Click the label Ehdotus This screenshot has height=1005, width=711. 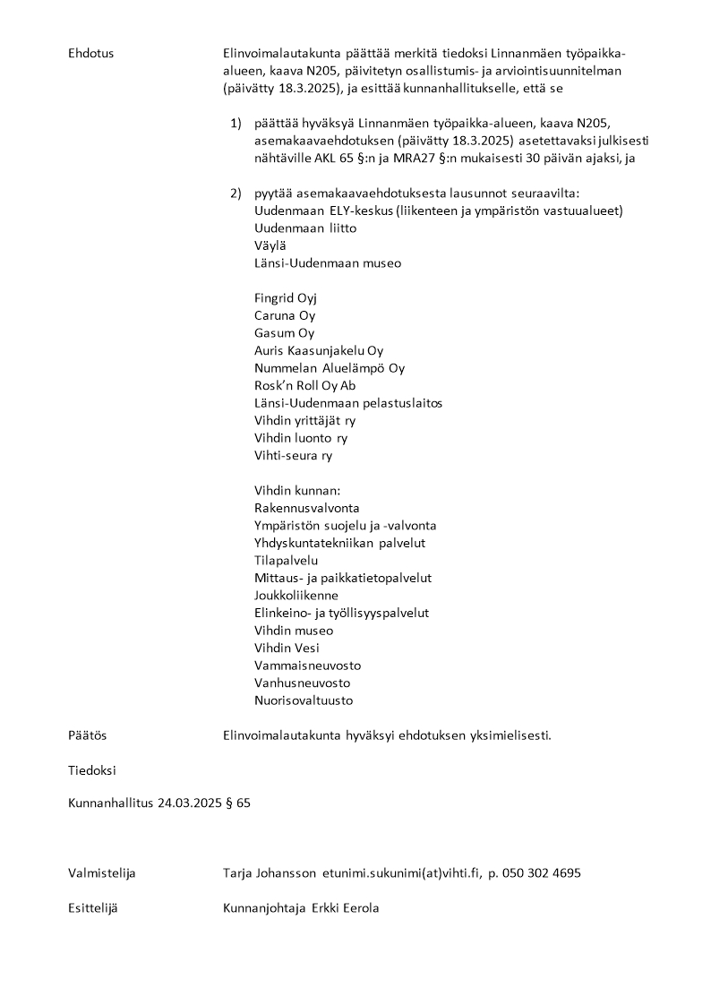[x=90, y=53]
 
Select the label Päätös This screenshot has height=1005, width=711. [x=87, y=735]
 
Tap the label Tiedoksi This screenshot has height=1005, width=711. [x=91, y=770]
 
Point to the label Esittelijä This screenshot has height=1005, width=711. [x=93, y=908]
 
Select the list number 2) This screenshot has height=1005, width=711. [x=236, y=193]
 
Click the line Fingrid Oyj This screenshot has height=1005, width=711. [x=286, y=298]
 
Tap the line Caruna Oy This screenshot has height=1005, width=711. [x=285, y=316]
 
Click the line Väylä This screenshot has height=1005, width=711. [x=270, y=246]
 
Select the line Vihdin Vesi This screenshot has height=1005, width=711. [x=287, y=649]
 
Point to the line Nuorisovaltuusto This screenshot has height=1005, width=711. [x=304, y=700]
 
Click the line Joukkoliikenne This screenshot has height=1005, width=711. [x=296, y=596]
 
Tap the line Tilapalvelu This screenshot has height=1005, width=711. [x=287, y=561]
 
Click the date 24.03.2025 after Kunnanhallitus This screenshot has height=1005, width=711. [x=189, y=803]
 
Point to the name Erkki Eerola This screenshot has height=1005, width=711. [x=346, y=908]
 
